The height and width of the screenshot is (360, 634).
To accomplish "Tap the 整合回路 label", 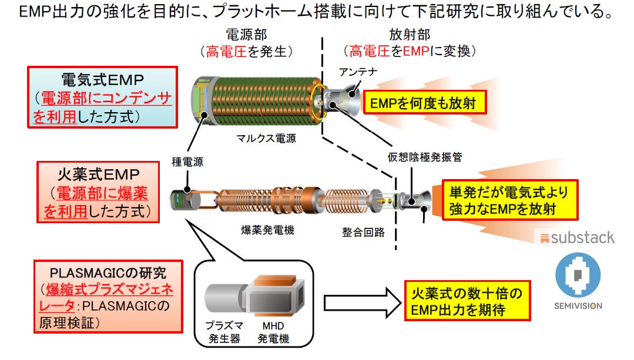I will click(x=364, y=231).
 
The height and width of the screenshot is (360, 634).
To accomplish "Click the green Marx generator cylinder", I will click(x=264, y=100).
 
